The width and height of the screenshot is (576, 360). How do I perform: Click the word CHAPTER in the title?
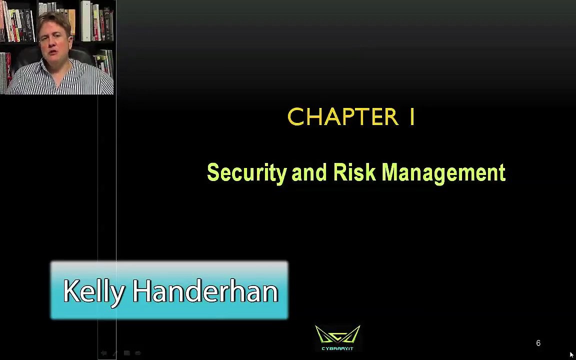(x=342, y=117)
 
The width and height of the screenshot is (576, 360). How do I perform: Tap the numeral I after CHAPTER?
(x=412, y=117)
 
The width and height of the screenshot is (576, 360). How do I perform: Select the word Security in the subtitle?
(x=246, y=173)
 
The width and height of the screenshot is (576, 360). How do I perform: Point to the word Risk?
(x=354, y=172)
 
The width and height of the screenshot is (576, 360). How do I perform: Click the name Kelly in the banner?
(x=93, y=291)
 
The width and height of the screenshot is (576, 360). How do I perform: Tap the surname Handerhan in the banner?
(x=205, y=291)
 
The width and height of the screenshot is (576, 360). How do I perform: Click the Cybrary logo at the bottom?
(x=337, y=338)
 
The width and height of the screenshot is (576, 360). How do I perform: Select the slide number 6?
(x=538, y=343)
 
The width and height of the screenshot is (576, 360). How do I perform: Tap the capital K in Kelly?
(x=70, y=291)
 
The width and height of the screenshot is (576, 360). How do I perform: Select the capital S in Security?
(x=213, y=172)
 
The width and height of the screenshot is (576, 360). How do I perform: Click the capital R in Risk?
(x=339, y=172)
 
